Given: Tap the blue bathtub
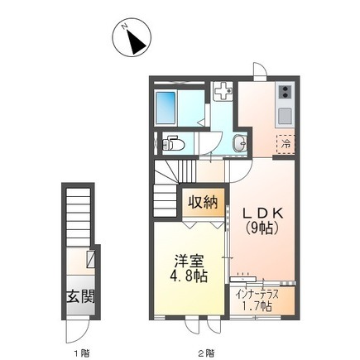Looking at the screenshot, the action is (x=166, y=108).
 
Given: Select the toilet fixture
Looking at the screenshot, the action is (x=173, y=143).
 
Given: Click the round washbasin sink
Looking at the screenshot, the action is (x=239, y=143).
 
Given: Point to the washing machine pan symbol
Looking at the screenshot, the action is (x=223, y=92).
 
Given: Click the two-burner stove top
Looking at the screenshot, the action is (x=286, y=92).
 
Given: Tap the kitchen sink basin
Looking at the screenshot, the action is (x=286, y=116).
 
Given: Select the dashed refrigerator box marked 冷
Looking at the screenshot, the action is (x=286, y=144).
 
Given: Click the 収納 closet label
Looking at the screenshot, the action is (x=203, y=203).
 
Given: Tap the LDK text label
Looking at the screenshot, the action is (x=263, y=214).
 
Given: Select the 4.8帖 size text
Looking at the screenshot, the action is (x=189, y=276).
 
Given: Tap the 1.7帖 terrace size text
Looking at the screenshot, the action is (x=257, y=306).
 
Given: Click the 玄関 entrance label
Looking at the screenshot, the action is (x=81, y=297).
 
